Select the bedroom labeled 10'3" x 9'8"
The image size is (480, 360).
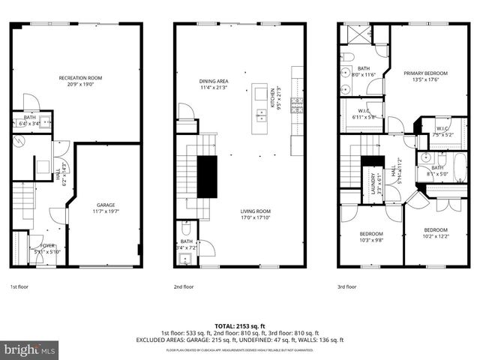[370, 236]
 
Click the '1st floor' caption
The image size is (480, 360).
[19, 286]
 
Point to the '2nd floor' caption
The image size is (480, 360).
[184, 286]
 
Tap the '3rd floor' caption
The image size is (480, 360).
[347, 286]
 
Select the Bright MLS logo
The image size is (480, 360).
[29, 349]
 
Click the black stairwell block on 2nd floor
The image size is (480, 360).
[206, 177]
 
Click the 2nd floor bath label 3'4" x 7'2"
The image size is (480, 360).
[187, 244]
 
